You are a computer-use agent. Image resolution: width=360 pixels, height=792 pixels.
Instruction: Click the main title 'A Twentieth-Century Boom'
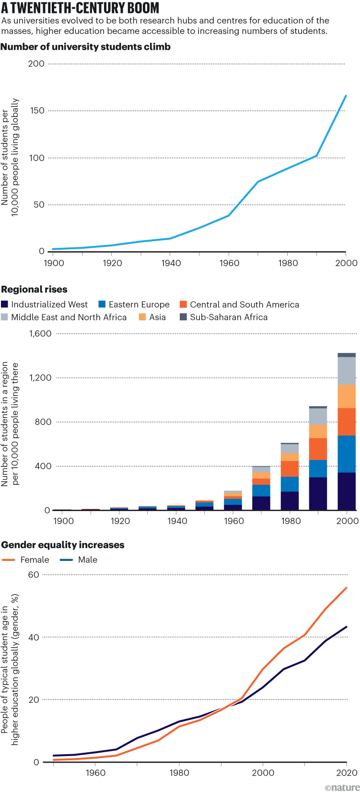[x=80, y=8]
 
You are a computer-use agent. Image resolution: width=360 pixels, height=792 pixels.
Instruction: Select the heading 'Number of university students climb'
[x=86, y=47]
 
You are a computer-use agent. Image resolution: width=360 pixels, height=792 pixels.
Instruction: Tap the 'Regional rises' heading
[x=35, y=290]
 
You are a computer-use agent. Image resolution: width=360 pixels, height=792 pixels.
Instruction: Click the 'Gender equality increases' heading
[x=63, y=545]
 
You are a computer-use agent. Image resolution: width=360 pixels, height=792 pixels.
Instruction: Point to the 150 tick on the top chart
[x=36, y=111]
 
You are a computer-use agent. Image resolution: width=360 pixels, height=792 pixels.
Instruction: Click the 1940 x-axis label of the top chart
[x=171, y=263]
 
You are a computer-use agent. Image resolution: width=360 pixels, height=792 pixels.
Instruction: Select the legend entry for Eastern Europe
[x=134, y=304]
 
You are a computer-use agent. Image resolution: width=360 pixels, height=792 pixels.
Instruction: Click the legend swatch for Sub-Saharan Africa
[x=183, y=317]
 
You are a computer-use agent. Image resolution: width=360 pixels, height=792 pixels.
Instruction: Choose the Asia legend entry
[x=152, y=317]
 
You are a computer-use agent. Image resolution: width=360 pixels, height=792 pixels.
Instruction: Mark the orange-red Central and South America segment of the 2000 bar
[x=347, y=422]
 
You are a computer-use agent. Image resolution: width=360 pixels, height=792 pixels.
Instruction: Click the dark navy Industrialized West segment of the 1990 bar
[x=318, y=494]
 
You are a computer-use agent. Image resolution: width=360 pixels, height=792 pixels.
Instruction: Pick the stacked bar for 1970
[x=261, y=488]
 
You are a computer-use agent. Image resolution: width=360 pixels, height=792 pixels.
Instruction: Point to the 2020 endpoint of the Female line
[x=346, y=588]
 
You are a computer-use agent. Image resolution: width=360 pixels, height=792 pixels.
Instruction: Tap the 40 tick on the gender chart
[x=34, y=638]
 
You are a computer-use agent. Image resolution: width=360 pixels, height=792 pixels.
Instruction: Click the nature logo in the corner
[x=341, y=787]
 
